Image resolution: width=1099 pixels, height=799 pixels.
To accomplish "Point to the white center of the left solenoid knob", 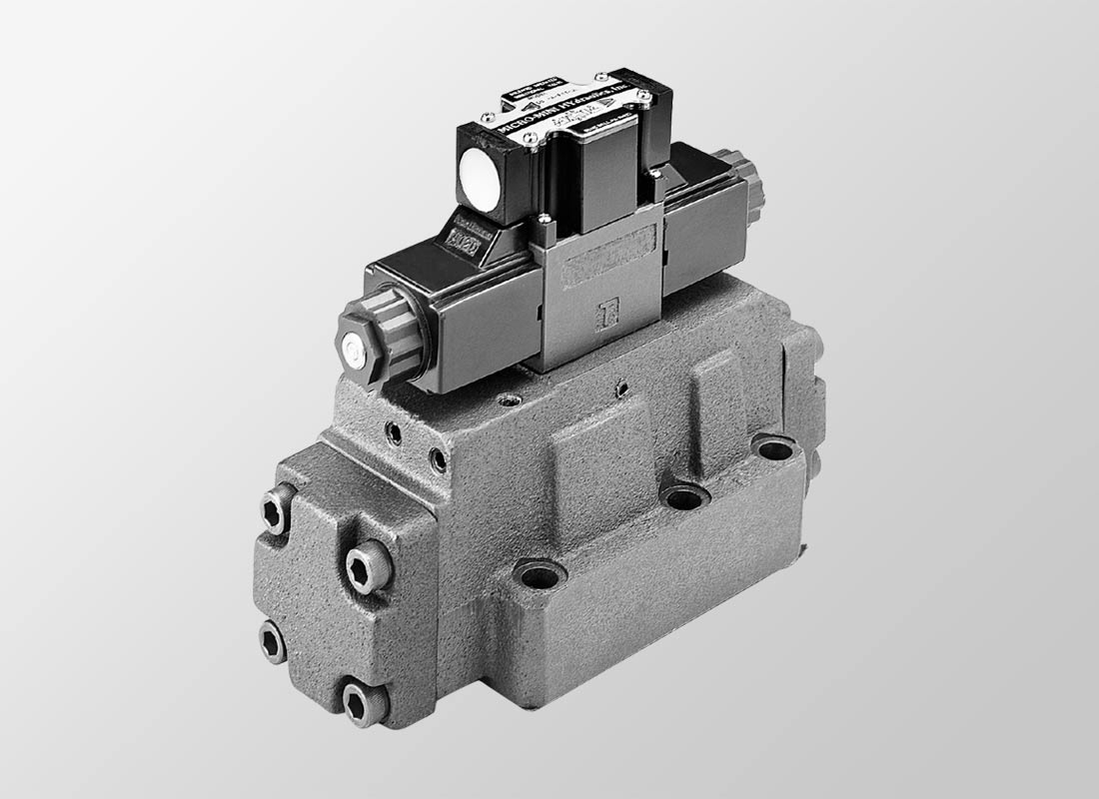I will pyautogui.click(x=352, y=347).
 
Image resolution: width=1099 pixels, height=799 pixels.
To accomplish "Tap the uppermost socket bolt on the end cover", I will pyautogui.click(x=278, y=510).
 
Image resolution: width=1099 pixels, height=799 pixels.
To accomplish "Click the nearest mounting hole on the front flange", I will pyautogui.click(x=540, y=574).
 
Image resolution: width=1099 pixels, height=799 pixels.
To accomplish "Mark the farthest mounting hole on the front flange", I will pyautogui.click(x=775, y=447).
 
